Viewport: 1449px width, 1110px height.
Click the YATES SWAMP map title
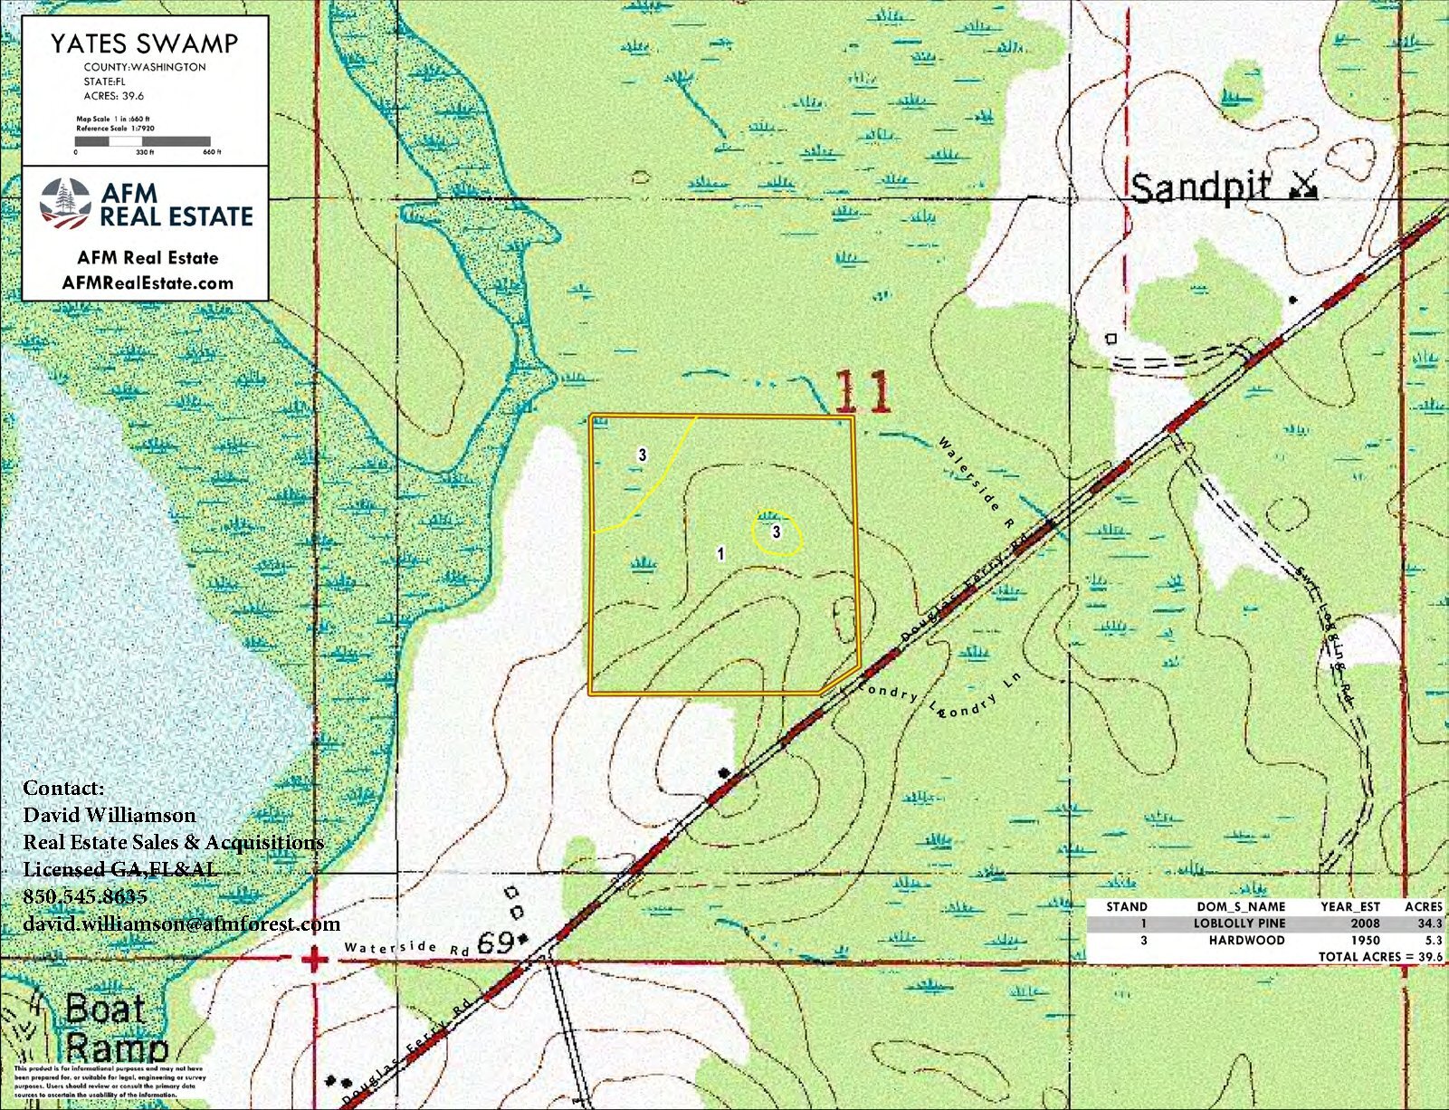[144, 43]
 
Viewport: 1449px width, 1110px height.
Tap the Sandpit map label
[1200, 188]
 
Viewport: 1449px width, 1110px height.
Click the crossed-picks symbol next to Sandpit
[1303, 186]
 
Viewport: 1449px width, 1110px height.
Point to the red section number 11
[862, 392]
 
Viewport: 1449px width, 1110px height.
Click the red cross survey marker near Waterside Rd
[314, 959]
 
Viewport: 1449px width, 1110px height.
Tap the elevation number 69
[495, 943]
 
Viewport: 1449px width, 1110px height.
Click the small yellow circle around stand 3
[777, 532]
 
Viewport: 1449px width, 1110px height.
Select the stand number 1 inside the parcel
[720, 553]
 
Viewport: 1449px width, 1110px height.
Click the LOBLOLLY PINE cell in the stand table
[1239, 923]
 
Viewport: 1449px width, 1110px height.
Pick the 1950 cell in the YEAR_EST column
[1365, 941]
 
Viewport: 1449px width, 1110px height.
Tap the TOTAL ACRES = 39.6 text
[1379, 957]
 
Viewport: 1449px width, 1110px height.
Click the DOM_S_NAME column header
[1241, 906]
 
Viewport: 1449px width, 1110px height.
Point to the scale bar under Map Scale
[143, 141]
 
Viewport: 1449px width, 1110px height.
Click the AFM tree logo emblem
[65, 204]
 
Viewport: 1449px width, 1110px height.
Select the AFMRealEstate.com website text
[148, 282]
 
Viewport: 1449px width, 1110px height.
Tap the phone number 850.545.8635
[85, 896]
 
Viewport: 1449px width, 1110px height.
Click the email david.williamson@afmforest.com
[181, 923]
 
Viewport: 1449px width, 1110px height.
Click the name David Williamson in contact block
[110, 815]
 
